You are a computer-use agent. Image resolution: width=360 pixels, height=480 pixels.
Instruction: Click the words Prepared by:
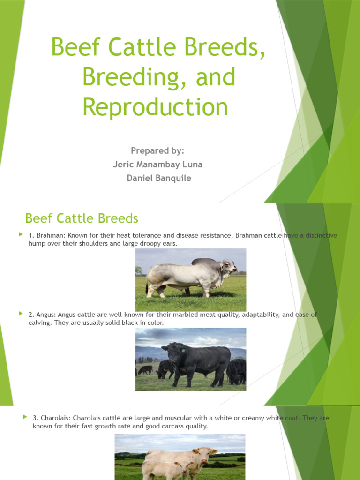157,150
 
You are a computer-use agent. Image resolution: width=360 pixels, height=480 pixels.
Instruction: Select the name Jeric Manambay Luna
157,165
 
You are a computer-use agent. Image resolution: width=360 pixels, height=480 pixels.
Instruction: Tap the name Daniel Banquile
159,178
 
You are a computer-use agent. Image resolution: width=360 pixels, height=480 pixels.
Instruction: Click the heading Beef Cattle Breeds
82,218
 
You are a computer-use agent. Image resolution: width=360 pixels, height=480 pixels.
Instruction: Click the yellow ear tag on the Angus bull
183,350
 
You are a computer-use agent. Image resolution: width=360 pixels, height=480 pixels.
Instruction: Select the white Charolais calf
164,469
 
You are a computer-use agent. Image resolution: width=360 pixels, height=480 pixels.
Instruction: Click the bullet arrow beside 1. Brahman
21,234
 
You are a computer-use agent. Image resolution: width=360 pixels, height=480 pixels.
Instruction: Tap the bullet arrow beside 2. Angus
21,313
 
